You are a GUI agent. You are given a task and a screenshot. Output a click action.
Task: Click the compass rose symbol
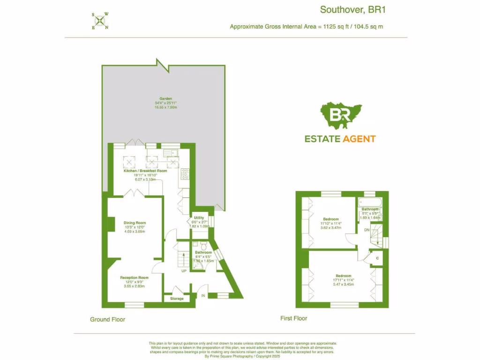(100, 21)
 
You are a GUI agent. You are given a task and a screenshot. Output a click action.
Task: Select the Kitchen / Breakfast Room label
(145, 171)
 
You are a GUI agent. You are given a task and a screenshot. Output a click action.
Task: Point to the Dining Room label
(135, 223)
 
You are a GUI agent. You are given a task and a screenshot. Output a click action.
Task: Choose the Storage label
(177, 299)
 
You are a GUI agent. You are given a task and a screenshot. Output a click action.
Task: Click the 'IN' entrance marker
(203, 296)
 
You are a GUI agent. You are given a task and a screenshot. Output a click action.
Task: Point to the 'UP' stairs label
(184, 271)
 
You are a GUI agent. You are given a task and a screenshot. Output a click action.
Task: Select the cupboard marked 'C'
(378, 258)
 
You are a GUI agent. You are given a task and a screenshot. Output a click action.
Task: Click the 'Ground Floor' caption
(107, 319)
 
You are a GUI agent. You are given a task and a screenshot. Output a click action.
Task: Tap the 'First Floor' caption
(294, 318)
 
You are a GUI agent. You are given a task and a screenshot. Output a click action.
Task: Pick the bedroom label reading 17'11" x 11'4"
(344, 276)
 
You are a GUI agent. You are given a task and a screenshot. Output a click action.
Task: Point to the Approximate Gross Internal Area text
(306, 26)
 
